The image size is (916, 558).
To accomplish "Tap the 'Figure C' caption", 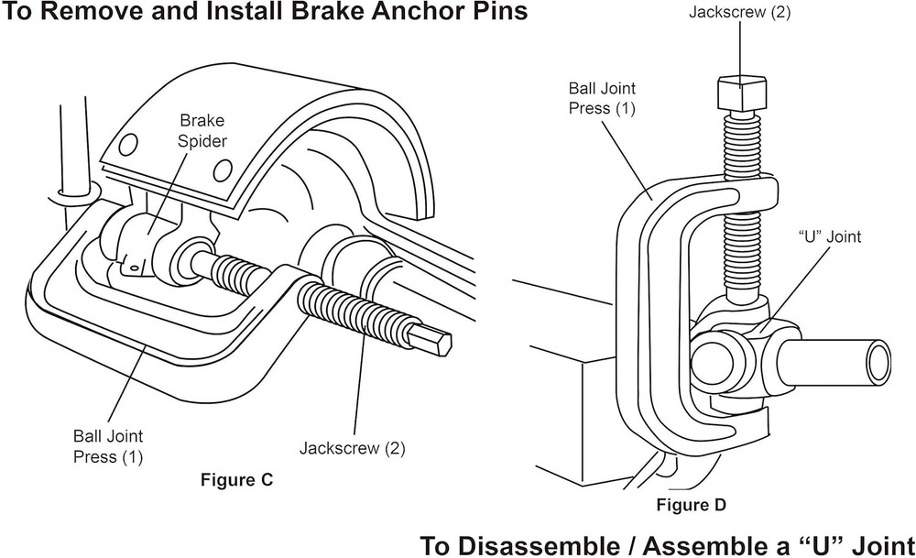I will point(236,479).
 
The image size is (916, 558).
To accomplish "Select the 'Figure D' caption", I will point(692,505).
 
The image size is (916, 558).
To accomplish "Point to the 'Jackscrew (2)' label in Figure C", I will point(352,449).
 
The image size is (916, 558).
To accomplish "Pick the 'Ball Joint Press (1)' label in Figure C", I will point(108,446).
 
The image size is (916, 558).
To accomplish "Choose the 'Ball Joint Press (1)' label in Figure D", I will point(602,98).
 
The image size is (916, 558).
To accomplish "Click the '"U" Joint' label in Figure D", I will point(830,236).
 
